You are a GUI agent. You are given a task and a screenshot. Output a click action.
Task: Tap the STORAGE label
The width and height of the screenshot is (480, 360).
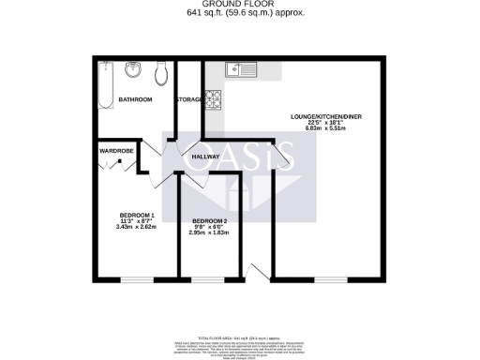189,99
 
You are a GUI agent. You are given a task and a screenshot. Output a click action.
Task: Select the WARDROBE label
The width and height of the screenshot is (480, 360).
114,148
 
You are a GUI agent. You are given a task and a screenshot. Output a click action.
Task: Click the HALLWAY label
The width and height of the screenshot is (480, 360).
206,157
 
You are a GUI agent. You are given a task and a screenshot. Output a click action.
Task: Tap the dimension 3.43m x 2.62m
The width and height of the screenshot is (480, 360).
135,227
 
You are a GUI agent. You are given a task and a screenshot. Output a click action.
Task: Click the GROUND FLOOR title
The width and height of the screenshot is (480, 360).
240,5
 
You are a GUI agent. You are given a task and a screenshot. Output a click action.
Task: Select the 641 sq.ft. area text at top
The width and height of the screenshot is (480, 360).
240,13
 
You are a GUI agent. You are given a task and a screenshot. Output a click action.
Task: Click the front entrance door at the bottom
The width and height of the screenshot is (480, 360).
254,272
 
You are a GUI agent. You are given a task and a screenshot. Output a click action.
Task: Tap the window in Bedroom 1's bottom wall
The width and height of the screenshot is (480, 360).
137,279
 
